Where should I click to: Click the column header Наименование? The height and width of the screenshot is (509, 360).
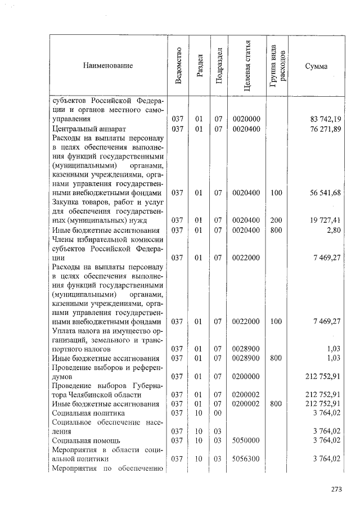click(108, 66)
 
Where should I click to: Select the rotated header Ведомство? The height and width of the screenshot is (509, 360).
click(178, 66)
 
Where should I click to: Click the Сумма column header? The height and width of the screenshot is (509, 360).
click(316, 66)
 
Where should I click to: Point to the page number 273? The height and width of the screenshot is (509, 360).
click(337, 488)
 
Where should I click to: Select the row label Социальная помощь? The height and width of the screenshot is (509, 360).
click(82, 440)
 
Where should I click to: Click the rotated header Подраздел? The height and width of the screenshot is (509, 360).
click(219, 66)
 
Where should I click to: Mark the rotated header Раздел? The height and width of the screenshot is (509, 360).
click(199, 66)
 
